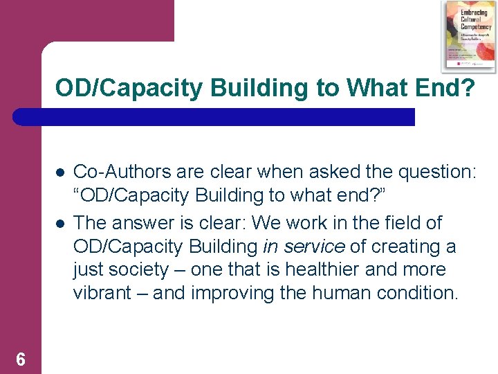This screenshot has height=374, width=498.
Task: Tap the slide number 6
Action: coord(21,359)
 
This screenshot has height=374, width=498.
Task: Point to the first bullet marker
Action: coord(60,172)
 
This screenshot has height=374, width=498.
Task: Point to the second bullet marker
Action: coord(60,223)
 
